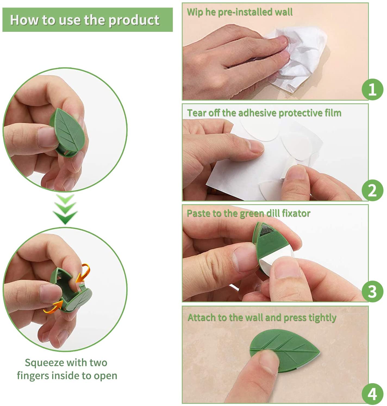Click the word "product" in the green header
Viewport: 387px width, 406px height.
point(134,20)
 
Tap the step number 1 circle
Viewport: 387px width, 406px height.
point(372,89)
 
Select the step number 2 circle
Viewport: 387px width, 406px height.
point(372,190)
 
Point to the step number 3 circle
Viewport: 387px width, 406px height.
point(372,291)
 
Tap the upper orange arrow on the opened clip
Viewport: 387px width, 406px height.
point(83,273)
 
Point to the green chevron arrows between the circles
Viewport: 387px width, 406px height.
point(65,209)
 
